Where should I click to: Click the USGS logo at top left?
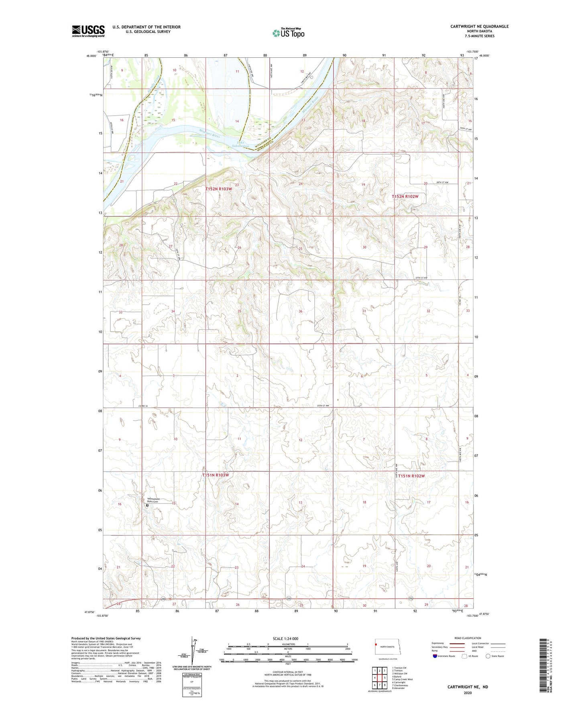88,31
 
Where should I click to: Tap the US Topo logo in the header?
288,33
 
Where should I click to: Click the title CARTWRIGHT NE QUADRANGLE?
479,26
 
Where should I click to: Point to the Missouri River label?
210,133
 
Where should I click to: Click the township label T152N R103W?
219,189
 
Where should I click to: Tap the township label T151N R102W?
411,476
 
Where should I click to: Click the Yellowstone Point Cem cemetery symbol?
147,506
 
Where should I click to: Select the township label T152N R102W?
405,196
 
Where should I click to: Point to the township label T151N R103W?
215,475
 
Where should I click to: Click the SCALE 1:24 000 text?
285,638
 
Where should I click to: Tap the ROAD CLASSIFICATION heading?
468,638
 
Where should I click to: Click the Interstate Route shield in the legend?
436,656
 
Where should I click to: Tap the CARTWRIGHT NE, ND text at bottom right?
468,687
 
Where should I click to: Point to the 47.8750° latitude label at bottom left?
90,612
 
